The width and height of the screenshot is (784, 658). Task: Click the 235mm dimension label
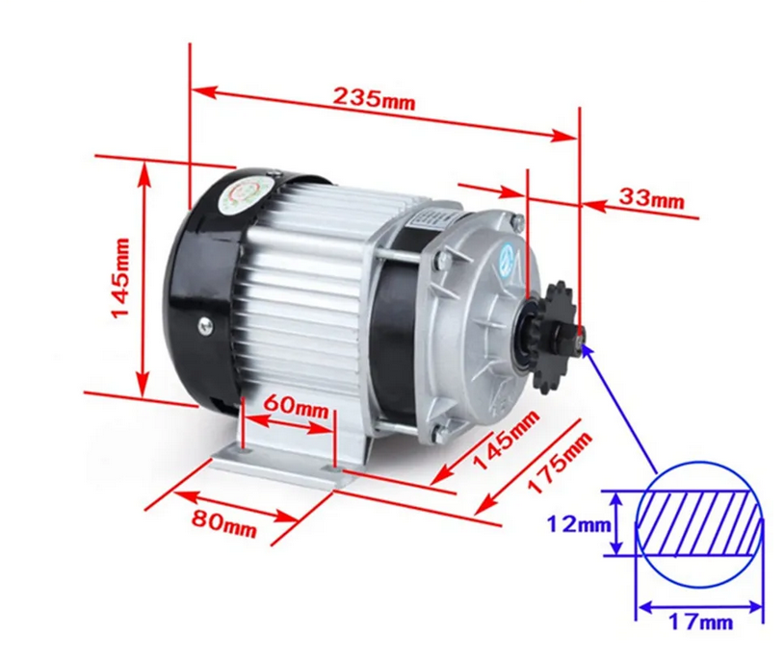click(374, 98)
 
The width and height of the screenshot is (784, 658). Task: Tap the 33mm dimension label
click(651, 198)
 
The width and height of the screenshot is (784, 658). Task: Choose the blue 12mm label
click(579, 524)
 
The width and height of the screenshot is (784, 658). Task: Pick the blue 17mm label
click(700, 621)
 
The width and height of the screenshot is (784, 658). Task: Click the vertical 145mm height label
click(121, 278)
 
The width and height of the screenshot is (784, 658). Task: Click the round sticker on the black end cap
click(248, 195)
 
